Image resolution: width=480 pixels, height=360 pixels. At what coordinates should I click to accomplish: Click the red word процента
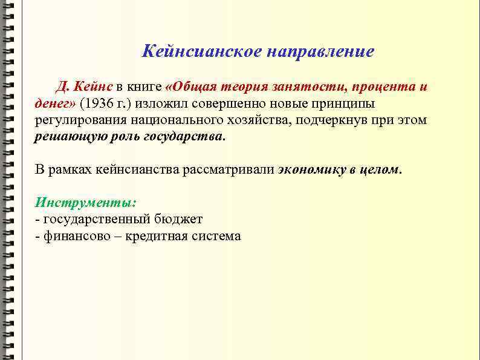pos(382,87)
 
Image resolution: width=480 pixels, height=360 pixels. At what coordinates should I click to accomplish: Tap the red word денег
pos(53,103)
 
